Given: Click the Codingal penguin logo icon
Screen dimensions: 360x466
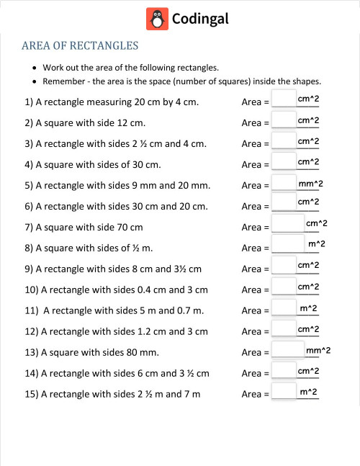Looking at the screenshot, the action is (x=157, y=19).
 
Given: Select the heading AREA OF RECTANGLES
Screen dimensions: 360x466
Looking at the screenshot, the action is (x=80, y=46).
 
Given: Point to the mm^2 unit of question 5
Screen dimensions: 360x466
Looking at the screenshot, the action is (x=311, y=184).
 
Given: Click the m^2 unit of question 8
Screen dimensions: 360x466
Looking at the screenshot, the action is (x=317, y=245).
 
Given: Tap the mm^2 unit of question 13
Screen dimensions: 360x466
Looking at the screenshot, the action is (x=318, y=350).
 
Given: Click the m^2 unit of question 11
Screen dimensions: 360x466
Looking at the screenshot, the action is (x=309, y=308).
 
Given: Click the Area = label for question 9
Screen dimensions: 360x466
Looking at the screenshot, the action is (x=256, y=269).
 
